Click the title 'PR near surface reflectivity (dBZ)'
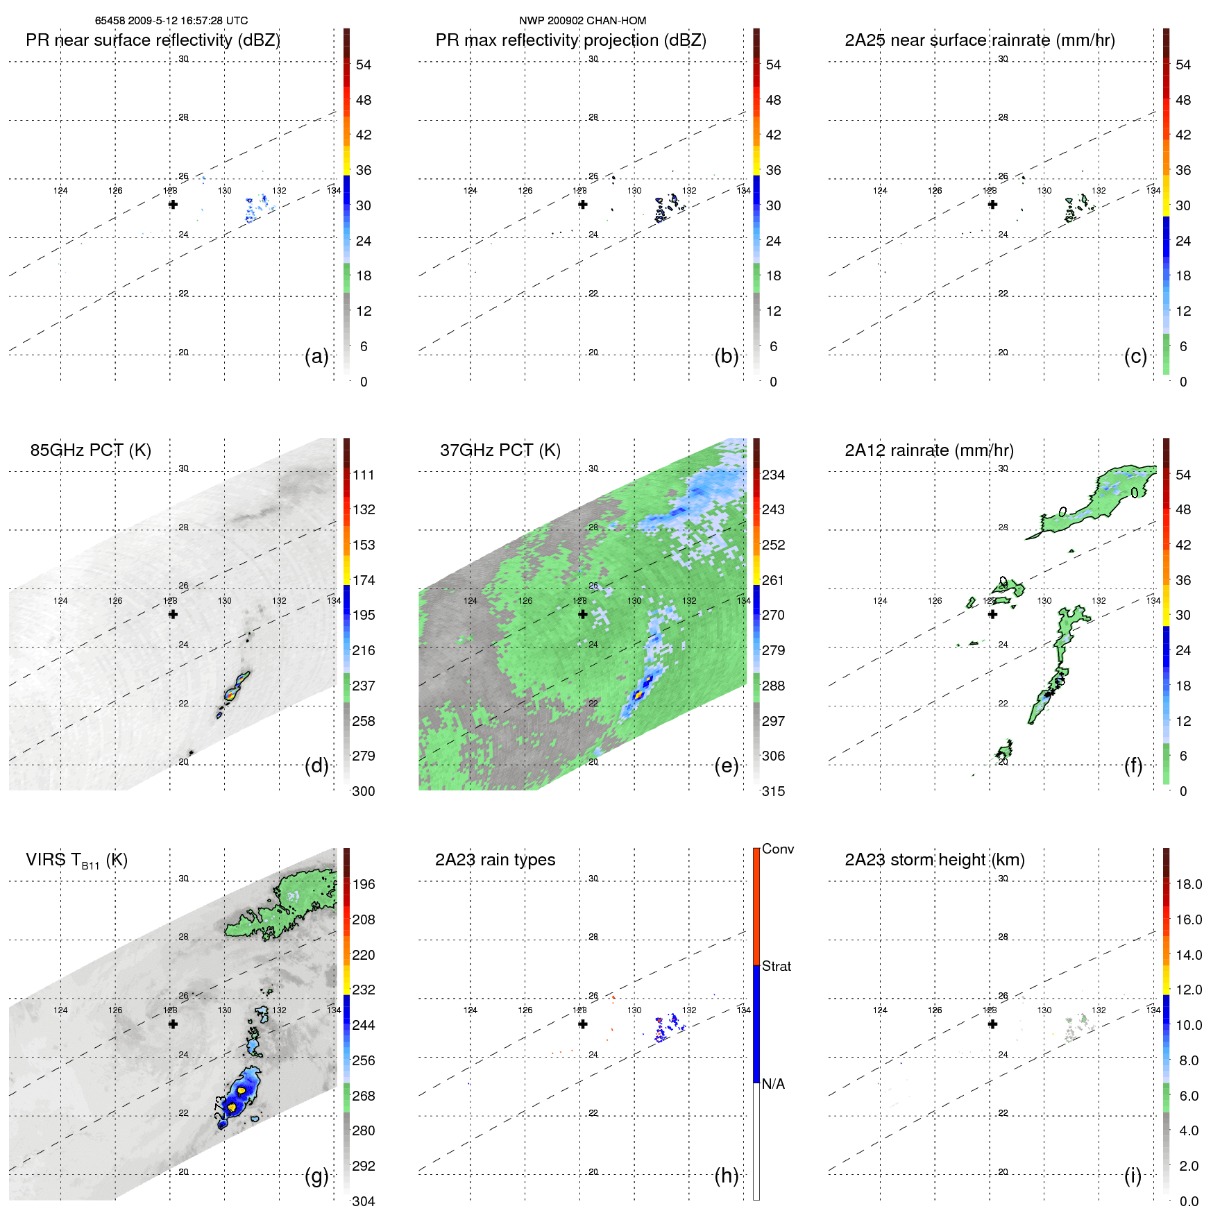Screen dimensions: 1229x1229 tap(153, 40)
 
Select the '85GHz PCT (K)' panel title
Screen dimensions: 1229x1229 tap(90, 450)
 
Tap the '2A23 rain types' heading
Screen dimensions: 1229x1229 tap(495, 860)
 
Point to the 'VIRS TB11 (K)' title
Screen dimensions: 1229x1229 tap(76, 861)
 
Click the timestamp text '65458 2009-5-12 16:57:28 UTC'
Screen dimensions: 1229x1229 tap(171, 21)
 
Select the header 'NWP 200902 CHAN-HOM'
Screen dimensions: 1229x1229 tap(582, 21)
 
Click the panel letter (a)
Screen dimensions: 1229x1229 tap(316, 357)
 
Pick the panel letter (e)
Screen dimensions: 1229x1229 tap(727, 766)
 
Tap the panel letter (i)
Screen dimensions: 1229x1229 tap(1133, 1176)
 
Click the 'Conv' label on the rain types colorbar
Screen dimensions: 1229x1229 tap(778, 849)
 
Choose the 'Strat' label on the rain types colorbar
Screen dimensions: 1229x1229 tap(777, 966)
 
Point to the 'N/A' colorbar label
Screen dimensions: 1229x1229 tap(774, 1084)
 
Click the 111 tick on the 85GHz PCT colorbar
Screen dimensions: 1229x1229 tap(364, 475)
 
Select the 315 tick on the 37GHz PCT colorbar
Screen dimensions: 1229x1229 tap(773, 791)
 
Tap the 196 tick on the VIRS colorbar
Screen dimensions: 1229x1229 tap(364, 884)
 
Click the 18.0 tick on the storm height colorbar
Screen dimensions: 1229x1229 tap(1189, 884)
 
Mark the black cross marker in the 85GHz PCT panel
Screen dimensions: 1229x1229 tap(173, 614)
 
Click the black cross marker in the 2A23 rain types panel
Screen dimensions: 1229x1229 tap(583, 1024)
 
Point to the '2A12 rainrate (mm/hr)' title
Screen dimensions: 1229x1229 tap(929, 450)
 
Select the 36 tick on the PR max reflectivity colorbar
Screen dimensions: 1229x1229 tap(773, 170)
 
